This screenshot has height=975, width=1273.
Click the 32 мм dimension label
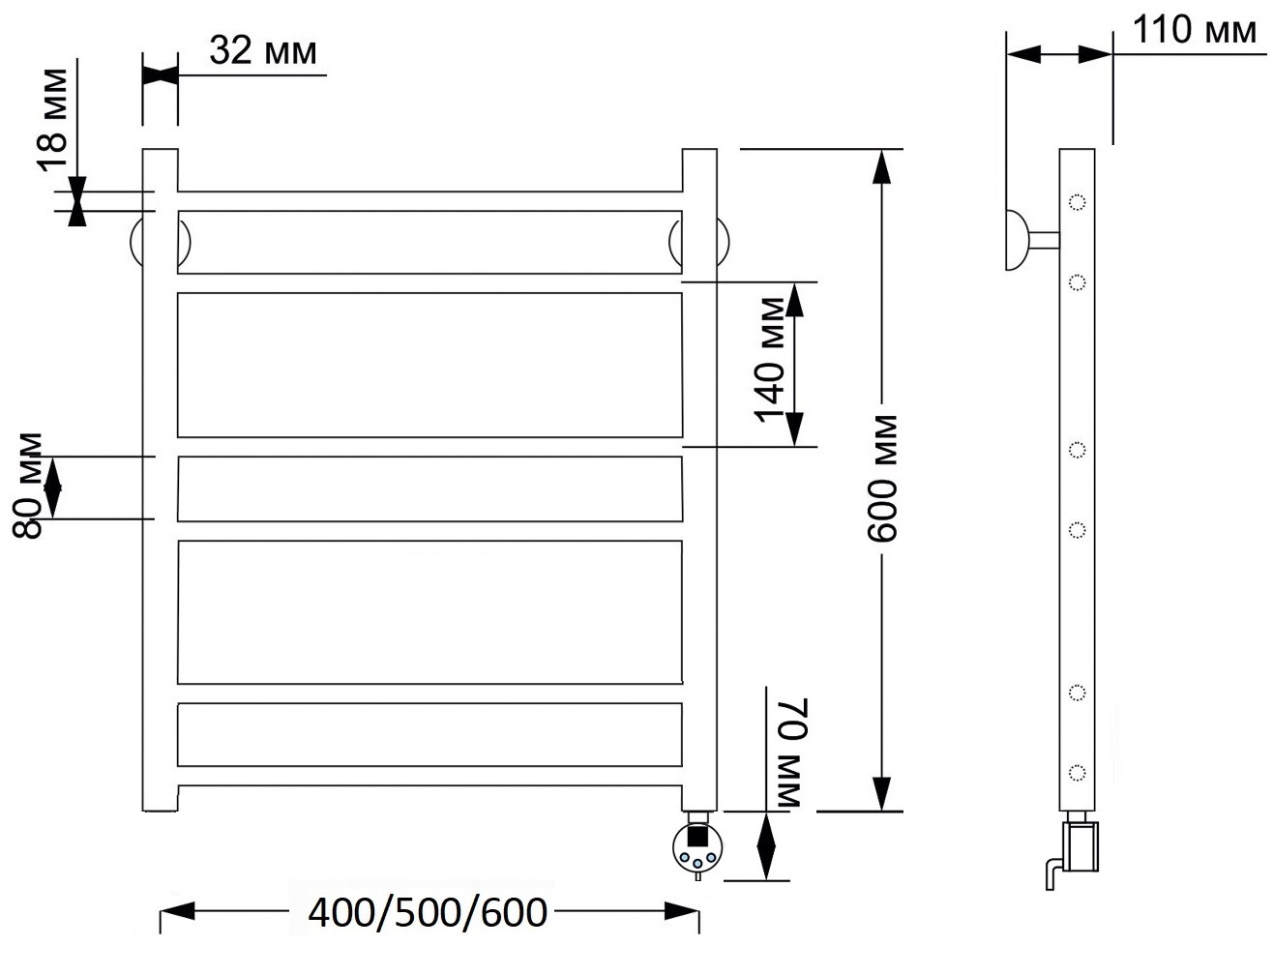click(263, 50)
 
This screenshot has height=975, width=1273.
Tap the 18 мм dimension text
click(53, 120)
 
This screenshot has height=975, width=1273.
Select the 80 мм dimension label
click(27, 486)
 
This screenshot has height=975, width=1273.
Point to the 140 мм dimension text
click(769, 360)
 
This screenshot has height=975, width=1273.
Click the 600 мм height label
click(881, 479)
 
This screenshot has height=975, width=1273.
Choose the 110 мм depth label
click(1195, 29)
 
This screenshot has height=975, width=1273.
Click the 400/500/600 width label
click(427, 913)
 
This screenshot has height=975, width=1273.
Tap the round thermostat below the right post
click(697, 848)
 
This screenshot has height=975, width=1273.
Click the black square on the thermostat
click(697, 836)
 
